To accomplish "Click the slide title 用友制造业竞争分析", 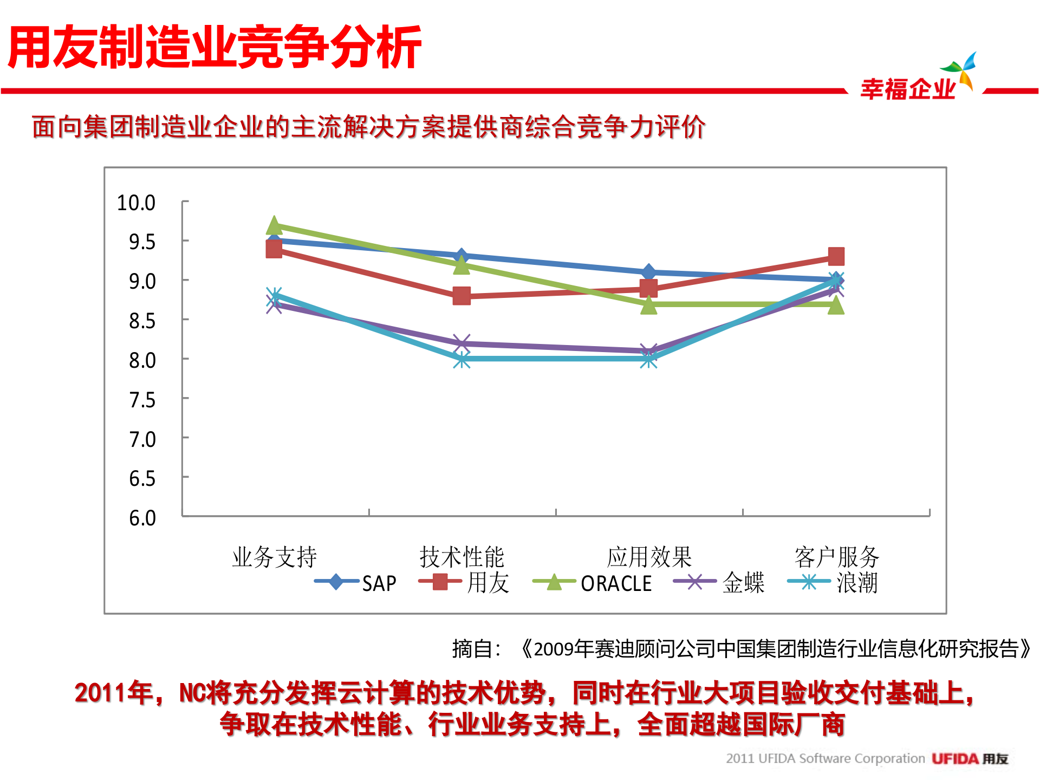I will pos(214,48).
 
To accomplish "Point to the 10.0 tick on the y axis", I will pos(136,203).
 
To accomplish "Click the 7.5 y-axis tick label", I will pos(142,400).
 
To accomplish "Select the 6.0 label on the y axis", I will pos(142,518).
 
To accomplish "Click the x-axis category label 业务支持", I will pos(274,557).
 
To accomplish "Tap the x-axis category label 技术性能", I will pos(461,557).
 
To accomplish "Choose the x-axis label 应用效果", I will pos(649,557).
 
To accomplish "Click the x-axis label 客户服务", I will pos(836,557).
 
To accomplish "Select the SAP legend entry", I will pos(356,583).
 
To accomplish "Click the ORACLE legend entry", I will pos(593,583).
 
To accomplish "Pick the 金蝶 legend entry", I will pos(719,583).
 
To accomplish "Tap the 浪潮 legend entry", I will pos(833,583).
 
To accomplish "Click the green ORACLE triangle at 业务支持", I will pos(274,225).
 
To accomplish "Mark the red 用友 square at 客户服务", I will pos(836,256).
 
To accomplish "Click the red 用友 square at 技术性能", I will pos(461,296).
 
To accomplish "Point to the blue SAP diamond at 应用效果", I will pos(649,272).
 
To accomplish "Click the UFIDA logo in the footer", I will pos(970,759).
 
